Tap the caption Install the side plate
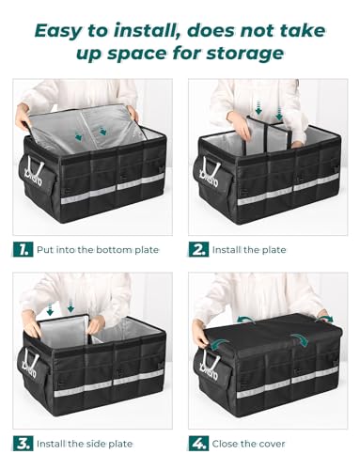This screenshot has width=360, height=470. click(89, 442)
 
